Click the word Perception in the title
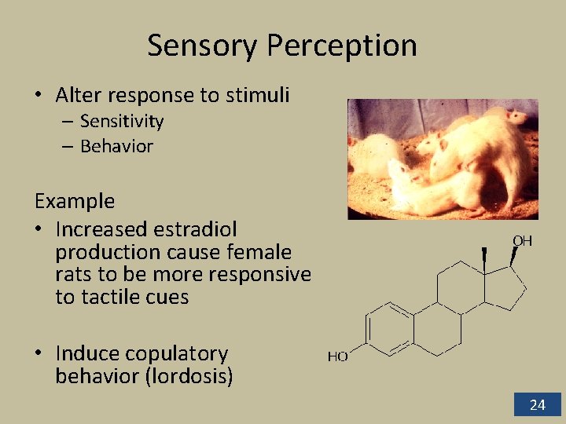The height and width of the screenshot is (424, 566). pyautogui.click(x=341, y=47)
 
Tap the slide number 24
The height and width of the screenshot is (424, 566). pyautogui.click(x=538, y=405)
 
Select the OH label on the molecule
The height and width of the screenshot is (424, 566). pyautogui.click(x=522, y=241)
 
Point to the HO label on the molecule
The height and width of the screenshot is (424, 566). pyautogui.click(x=338, y=356)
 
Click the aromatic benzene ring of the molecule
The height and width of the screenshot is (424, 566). pyautogui.click(x=389, y=327)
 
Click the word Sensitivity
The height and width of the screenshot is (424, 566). pyautogui.click(x=122, y=121)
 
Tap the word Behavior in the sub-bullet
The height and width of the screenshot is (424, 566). pyautogui.click(x=116, y=146)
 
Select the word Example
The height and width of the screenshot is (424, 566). pyautogui.click(x=75, y=201)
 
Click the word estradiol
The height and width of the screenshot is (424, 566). pyautogui.click(x=197, y=229)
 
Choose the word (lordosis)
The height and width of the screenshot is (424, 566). pyautogui.click(x=189, y=376)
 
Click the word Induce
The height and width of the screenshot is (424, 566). pyautogui.click(x=87, y=354)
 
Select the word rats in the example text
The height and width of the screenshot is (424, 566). pyautogui.click(x=72, y=275)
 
